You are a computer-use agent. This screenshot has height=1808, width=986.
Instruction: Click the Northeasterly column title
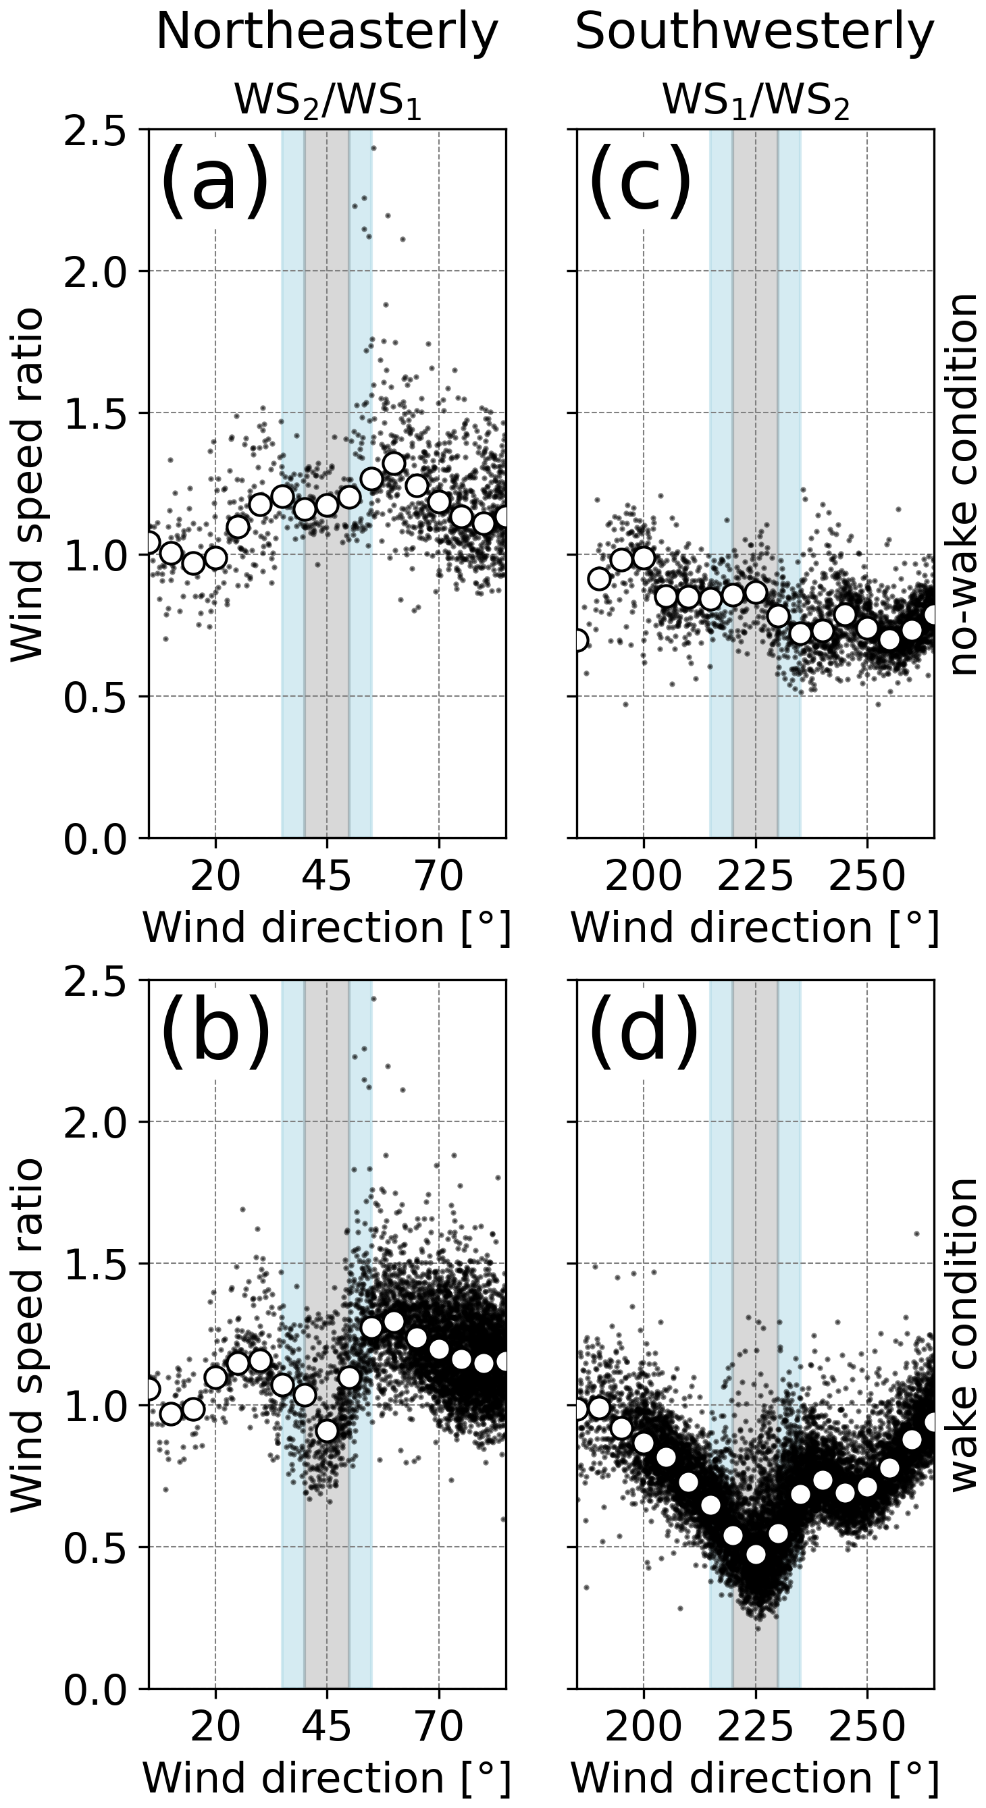(327, 32)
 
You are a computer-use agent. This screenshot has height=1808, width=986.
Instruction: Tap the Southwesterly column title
(755, 32)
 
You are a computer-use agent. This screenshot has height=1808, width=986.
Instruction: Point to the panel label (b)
(214, 1030)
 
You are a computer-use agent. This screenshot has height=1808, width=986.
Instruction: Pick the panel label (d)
(642, 1030)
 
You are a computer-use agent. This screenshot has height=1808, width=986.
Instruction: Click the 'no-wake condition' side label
(965, 484)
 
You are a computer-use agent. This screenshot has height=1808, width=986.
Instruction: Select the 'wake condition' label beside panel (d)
(965, 1333)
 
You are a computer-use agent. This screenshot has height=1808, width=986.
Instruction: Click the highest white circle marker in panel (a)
(393, 464)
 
